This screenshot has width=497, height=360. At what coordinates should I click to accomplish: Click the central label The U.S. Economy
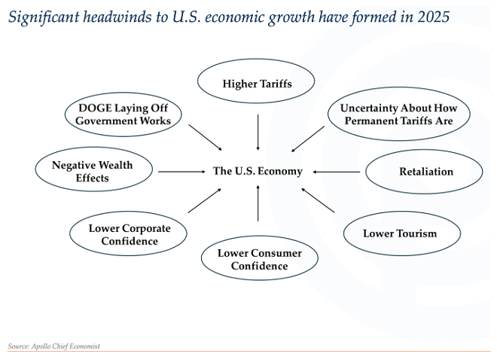click(258, 171)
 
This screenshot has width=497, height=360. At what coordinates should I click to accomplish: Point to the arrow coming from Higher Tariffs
click(258, 132)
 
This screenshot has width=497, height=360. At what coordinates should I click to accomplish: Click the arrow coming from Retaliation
click(337, 172)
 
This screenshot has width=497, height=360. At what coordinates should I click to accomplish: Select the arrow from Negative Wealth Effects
click(182, 172)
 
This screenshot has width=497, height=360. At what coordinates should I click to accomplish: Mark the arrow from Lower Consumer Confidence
click(258, 203)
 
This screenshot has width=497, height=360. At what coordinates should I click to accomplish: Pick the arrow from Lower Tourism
click(318, 200)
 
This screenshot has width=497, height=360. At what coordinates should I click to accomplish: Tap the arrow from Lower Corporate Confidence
click(204, 200)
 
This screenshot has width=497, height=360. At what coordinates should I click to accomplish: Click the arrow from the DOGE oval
click(206, 137)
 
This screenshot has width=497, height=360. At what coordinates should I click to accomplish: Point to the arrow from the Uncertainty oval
click(308, 139)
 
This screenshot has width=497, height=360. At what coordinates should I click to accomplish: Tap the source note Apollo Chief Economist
click(66, 346)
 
